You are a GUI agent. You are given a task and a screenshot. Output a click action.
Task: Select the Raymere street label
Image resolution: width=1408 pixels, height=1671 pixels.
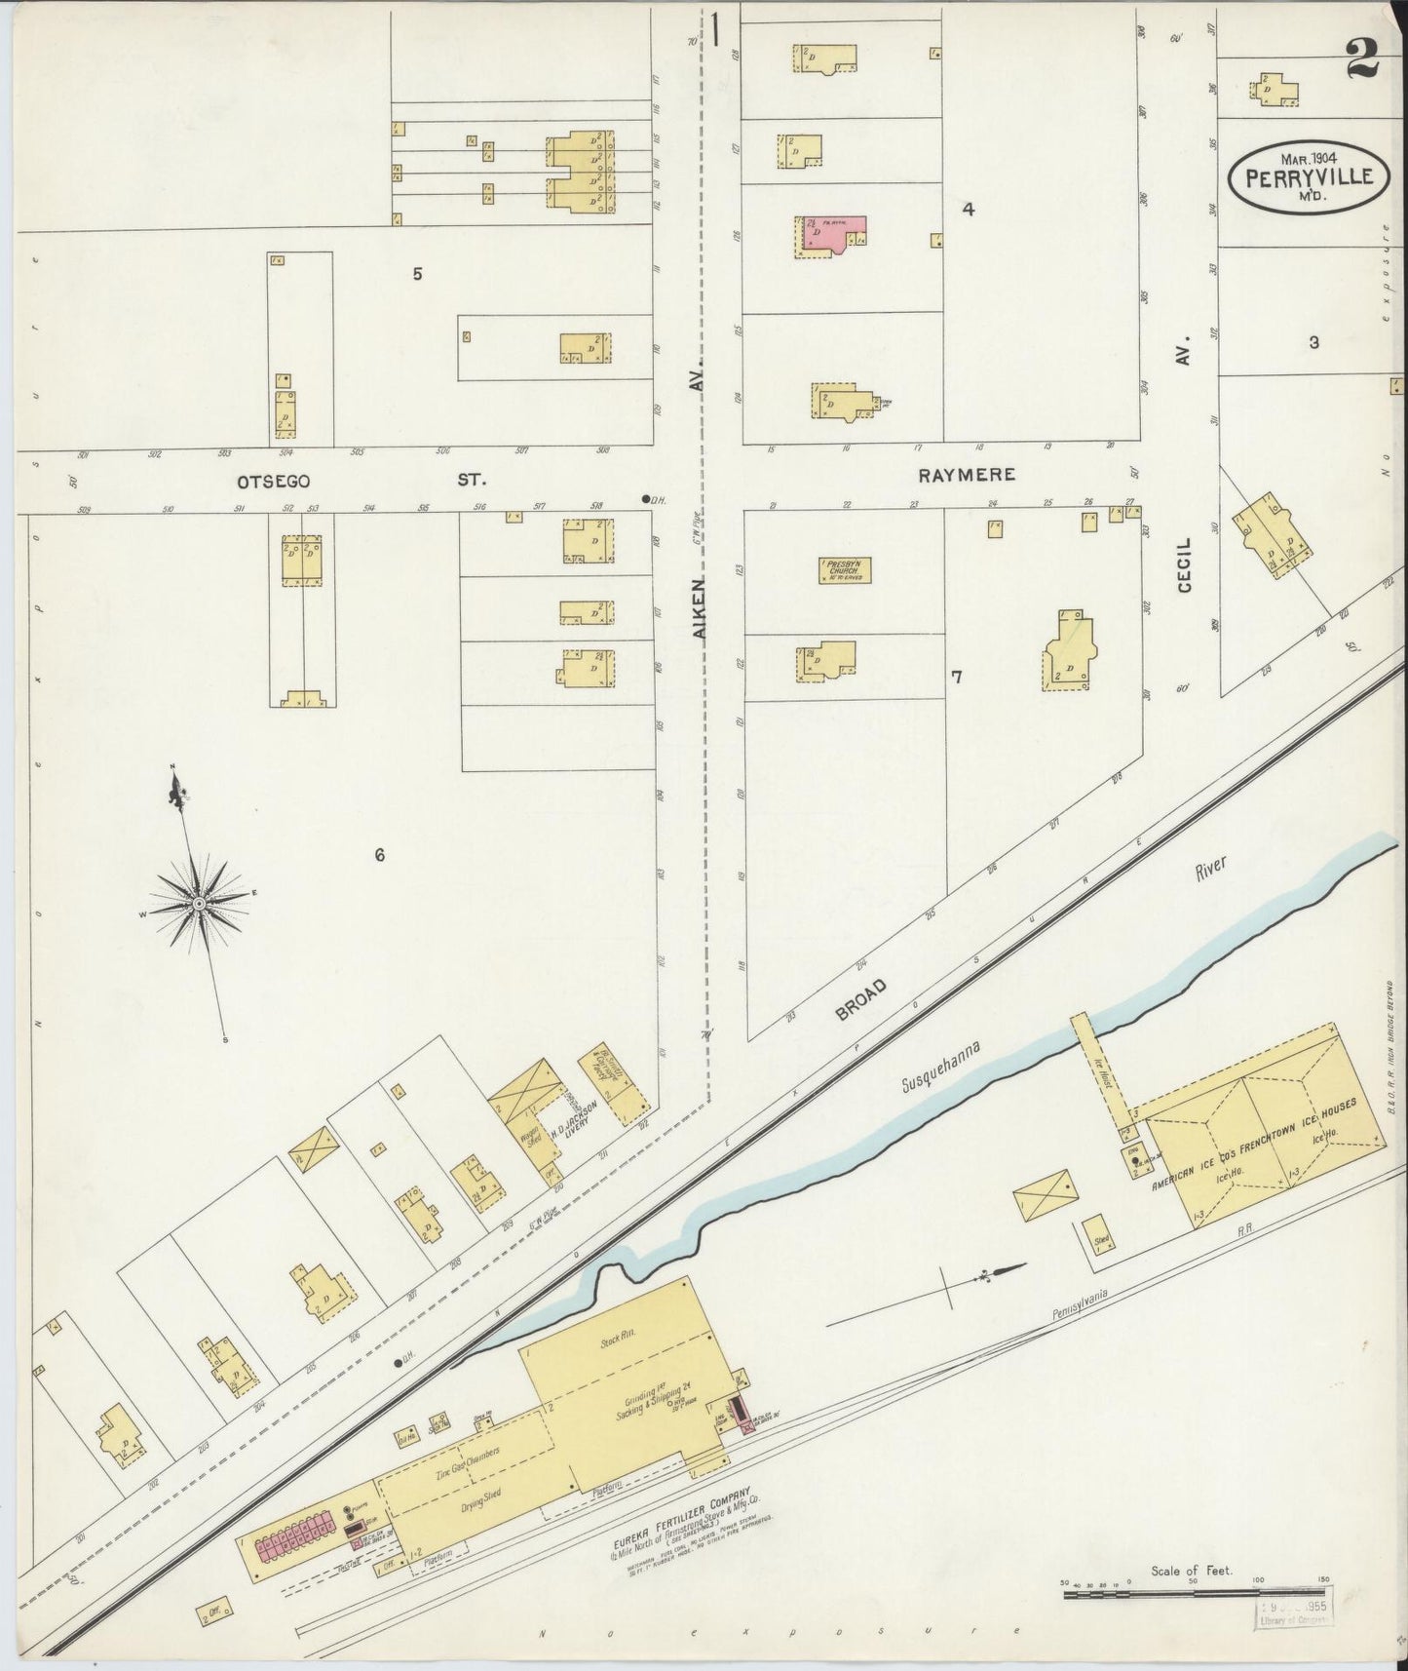[x=967, y=475]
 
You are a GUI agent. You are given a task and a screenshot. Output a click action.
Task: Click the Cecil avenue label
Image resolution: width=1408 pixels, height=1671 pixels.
[x=1185, y=564]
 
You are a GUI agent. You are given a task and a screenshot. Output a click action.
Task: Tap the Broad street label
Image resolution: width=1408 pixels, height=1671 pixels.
[x=860, y=999]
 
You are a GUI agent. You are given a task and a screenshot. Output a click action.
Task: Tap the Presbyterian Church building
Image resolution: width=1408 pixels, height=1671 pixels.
[x=844, y=569]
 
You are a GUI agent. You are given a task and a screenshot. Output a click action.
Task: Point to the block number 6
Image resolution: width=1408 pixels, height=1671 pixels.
[x=380, y=855]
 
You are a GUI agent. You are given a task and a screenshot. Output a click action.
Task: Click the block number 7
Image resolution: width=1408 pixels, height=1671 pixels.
[x=956, y=677]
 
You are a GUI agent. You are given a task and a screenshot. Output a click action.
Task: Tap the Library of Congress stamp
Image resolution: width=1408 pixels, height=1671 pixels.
[x=1293, y=1613]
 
